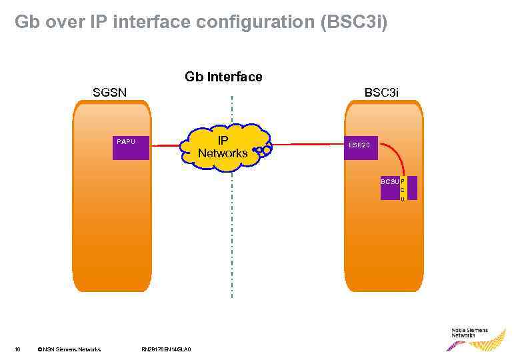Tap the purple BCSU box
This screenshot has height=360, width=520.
click(390, 188)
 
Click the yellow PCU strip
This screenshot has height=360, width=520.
click(403, 188)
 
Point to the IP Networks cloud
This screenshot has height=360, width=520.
click(223, 145)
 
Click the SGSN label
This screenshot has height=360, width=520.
click(110, 93)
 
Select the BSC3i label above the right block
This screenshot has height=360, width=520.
click(381, 93)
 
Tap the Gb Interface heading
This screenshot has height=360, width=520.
click(223, 77)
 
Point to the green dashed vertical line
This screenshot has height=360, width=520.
click(231, 240)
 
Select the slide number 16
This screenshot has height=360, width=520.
click(18, 349)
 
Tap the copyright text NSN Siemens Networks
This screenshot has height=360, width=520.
click(69, 349)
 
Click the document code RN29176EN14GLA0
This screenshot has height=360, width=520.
click(167, 349)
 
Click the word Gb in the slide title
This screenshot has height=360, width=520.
click(26, 22)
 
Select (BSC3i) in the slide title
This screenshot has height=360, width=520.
click(353, 22)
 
